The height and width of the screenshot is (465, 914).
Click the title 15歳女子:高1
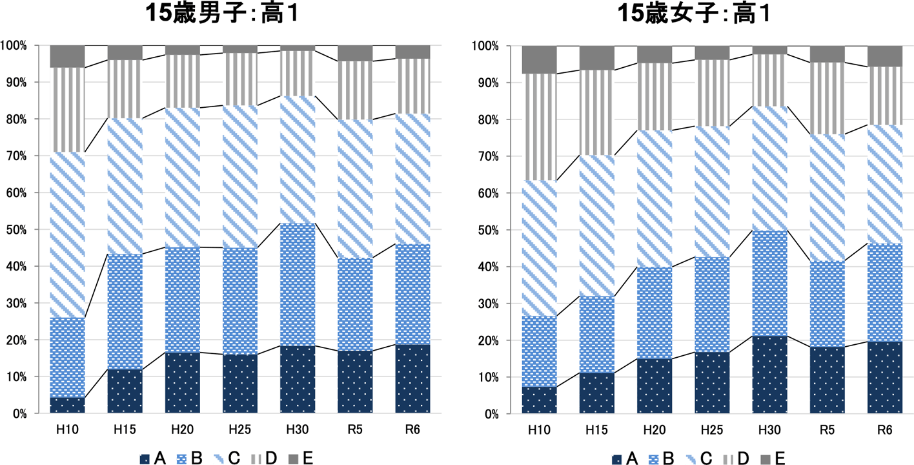[695, 15]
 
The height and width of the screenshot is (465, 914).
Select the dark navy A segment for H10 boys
[67, 405]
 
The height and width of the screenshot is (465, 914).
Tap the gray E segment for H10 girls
[539, 59]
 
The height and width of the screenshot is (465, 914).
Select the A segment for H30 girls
[769, 375]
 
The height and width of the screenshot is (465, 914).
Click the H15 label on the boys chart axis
[125, 430]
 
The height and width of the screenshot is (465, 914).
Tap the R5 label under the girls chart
[827, 430]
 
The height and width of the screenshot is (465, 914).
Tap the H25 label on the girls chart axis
[712, 430]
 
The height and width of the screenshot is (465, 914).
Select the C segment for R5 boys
[355, 189]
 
